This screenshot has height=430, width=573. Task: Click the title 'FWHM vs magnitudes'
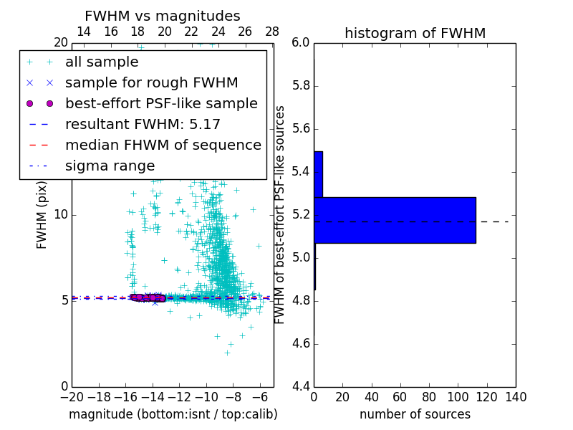coord(163,16)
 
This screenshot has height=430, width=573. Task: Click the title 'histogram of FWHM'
coord(415,33)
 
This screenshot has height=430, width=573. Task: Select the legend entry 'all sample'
coord(102,62)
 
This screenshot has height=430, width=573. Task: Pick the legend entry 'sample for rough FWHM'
coord(151,82)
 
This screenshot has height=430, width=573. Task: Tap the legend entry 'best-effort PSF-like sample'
coord(161,103)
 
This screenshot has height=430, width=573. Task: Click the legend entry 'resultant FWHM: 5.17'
coord(143,124)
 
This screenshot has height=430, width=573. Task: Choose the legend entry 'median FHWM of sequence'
coord(163,145)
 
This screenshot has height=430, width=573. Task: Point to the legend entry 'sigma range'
coord(110,166)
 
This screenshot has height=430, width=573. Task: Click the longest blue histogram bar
coord(395,220)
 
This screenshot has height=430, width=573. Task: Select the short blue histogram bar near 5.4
coord(318,174)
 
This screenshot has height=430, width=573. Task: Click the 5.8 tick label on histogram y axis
coord(302,85)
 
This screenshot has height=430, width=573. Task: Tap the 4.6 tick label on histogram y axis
coord(302,344)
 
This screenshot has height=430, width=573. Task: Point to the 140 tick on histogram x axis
coord(516,397)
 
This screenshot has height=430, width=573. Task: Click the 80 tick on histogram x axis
coord(429,397)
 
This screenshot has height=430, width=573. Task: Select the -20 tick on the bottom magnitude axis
coord(72,397)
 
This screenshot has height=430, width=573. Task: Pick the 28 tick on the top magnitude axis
coord(272,32)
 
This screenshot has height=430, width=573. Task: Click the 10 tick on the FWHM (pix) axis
coord(61,214)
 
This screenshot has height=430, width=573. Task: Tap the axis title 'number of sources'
coord(415,414)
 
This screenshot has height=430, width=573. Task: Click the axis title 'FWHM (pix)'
coord(42,215)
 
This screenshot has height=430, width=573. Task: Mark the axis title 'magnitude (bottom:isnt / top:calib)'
coord(173,414)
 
